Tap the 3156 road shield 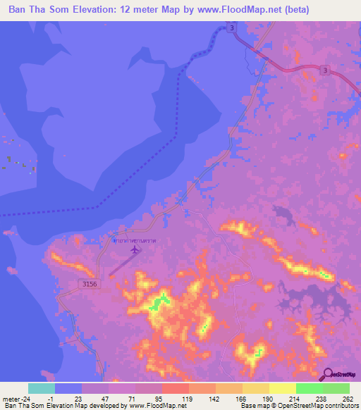pos(86,282)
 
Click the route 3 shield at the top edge pos(232,27)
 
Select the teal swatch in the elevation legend pos(42,388)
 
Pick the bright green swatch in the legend pos(309,388)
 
